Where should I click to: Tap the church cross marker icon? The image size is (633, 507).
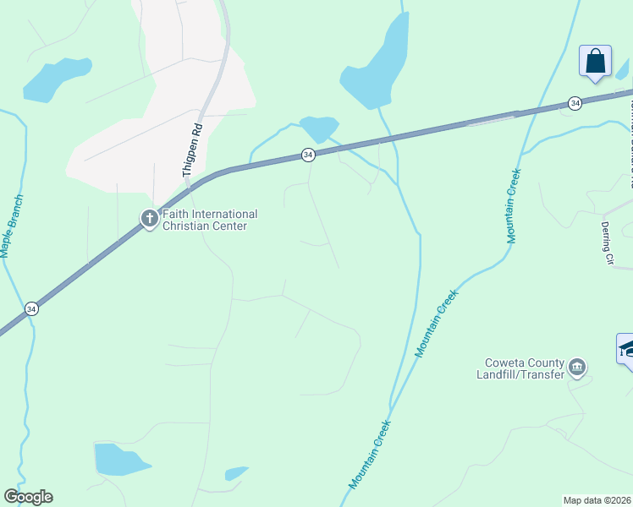click(149, 220)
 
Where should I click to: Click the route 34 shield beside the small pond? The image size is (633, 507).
click(308, 155)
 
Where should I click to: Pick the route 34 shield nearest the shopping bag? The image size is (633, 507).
click(575, 103)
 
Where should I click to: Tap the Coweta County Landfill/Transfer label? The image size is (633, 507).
click(520, 369)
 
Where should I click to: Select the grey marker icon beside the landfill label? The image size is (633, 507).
click(577, 367)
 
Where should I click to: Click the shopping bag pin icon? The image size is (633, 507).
click(595, 62)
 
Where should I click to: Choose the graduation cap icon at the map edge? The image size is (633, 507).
click(626, 349)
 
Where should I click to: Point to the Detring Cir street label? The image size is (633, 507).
click(606, 243)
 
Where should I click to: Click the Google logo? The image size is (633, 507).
click(28, 497)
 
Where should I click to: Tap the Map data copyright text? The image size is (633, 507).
click(597, 500)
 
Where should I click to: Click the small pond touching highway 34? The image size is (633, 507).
click(320, 128)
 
